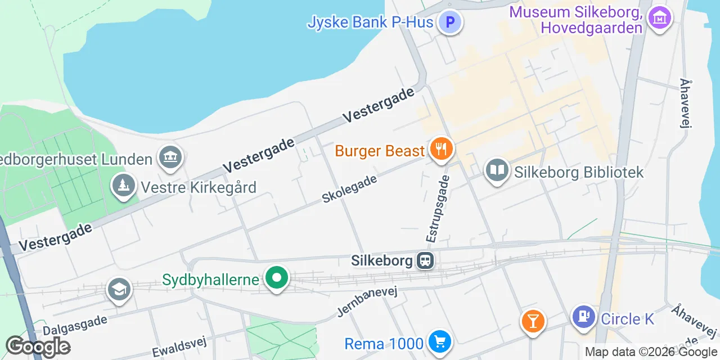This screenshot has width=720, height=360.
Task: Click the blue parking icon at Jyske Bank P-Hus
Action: point(450,23)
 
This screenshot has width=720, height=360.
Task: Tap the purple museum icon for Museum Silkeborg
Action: point(660,17)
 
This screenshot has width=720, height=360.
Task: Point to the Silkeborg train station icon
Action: point(425,260)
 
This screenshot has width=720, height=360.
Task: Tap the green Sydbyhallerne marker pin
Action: point(276,278)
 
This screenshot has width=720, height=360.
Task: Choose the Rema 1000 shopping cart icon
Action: point(439,341)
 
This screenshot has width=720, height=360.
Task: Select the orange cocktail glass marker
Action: point(532,321)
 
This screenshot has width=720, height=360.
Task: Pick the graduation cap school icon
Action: point(119,290)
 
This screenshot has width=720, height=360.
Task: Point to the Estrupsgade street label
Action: point(439,208)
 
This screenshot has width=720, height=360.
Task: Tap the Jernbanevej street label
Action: point(367,301)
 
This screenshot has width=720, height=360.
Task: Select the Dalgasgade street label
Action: point(75,325)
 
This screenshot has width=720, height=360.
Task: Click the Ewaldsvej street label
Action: point(179,346)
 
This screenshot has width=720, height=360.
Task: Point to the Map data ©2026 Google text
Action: point(651,352)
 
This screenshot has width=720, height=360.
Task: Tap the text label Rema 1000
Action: point(384,343)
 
